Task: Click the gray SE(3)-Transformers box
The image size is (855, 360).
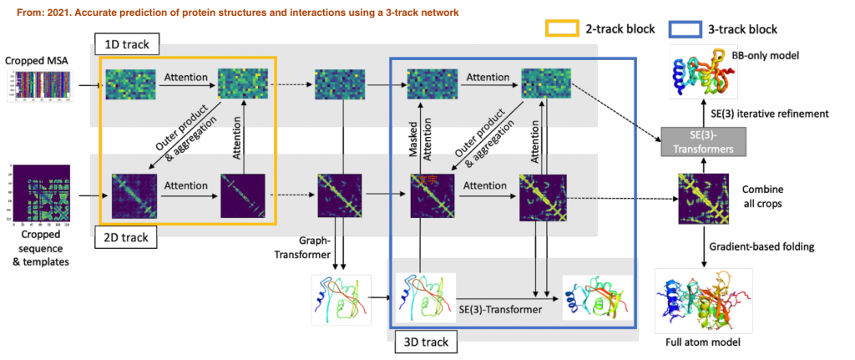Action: tap(699, 142)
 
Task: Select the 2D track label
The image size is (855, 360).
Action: tap(125, 237)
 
